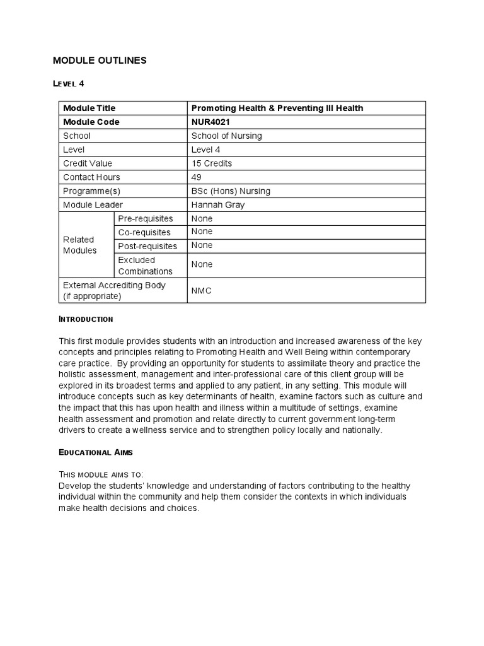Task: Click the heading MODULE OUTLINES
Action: click(100, 61)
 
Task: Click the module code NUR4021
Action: click(211, 122)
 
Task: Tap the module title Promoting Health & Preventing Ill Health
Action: click(277, 108)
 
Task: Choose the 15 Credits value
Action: click(212, 163)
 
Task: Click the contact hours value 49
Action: click(197, 177)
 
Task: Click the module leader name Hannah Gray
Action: click(218, 205)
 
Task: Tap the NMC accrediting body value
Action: click(202, 291)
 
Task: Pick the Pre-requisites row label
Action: click(145, 218)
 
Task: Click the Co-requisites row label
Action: click(144, 232)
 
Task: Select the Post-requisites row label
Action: click(147, 246)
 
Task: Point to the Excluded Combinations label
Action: click(145, 266)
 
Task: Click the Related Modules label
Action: click(80, 245)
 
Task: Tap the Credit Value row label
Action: click(88, 163)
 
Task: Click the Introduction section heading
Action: click(86, 319)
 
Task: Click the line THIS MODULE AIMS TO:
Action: click(101, 474)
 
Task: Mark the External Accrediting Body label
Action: click(114, 290)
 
